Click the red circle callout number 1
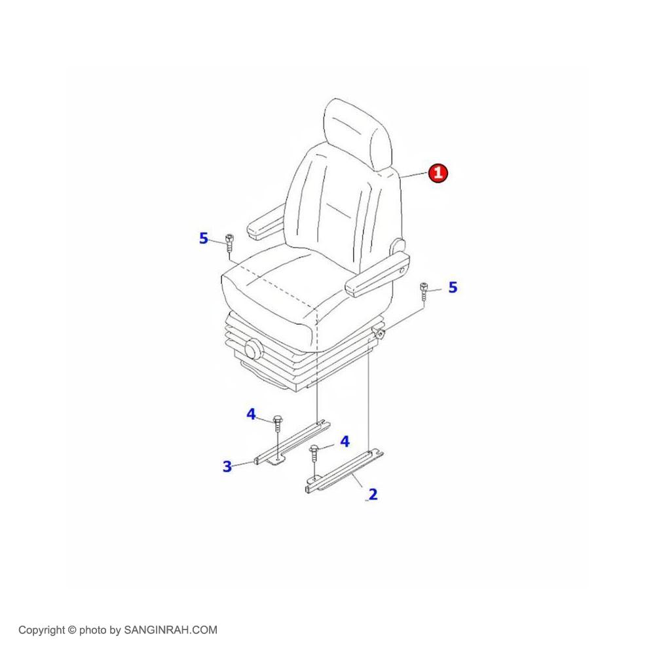coord(438,172)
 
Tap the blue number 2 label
coord(373,494)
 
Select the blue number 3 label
coord(227,466)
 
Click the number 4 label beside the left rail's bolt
coord(251,414)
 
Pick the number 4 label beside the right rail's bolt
coord(345,441)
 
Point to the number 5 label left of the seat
coord(204,238)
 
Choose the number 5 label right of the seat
coord(453,287)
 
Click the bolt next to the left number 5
coord(229,243)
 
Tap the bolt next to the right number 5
coord(424,291)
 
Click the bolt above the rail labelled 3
coord(278,423)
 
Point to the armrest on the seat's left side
coord(266,223)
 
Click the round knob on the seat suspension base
coord(253,349)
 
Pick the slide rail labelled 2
coord(345,471)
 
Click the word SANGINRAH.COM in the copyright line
coord(170,630)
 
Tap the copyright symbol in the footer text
coord(72,630)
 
